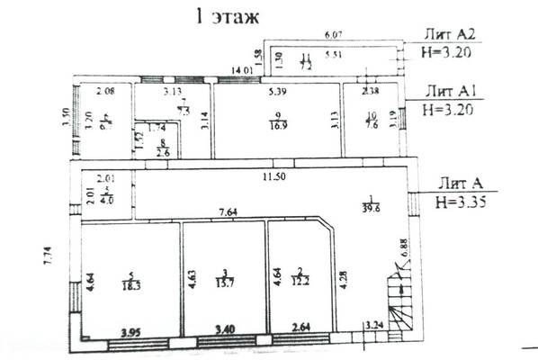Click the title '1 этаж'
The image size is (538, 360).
[223, 15]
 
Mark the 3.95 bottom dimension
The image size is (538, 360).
[134, 332]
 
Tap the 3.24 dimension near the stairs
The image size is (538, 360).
[373, 325]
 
